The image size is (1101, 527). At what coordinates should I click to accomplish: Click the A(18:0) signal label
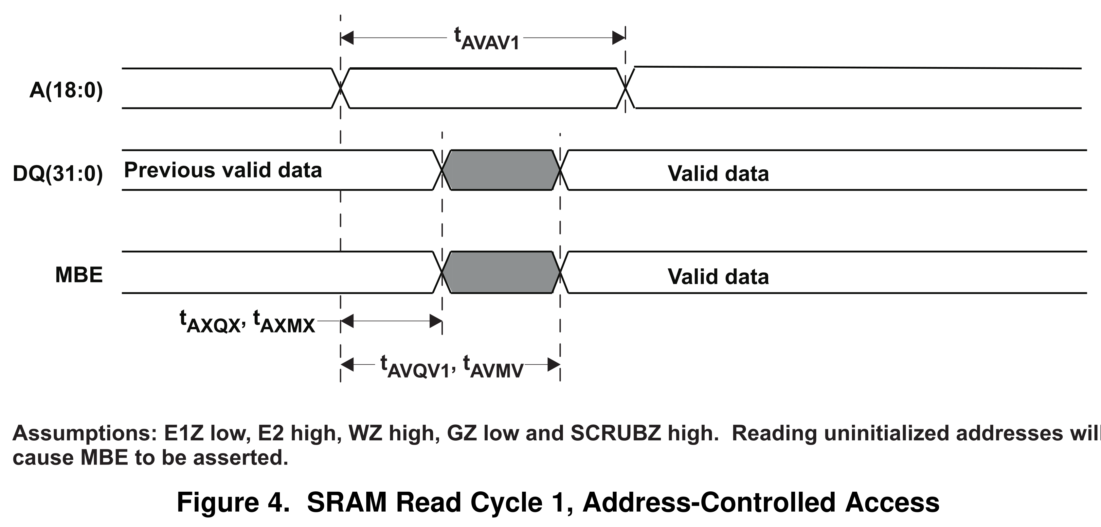(x=66, y=91)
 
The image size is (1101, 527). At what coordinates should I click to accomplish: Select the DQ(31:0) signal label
(x=58, y=174)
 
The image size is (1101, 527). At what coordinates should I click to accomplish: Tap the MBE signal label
(x=79, y=275)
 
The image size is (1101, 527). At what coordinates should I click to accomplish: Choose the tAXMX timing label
(x=284, y=322)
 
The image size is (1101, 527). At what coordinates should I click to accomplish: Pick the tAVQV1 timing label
(x=415, y=367)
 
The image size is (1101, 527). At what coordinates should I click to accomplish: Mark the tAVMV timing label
(x=493, y=367)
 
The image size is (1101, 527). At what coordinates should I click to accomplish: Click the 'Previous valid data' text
(x=223, y=170)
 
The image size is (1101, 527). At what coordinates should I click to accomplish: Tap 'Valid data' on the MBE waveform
(x=718, y=277)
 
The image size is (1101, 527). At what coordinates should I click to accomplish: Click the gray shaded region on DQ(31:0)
(x=501, y=170)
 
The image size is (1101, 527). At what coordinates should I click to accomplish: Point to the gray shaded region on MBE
(x=501, y=272)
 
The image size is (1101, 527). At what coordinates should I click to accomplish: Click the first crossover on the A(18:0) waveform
(x=341, y=88)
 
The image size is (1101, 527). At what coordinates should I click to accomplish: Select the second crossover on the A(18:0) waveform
(x=625, y=88)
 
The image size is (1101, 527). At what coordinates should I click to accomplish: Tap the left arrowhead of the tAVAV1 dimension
(x=347, y=38)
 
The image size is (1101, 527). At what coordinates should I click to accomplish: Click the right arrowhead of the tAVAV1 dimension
(x=619, y=38)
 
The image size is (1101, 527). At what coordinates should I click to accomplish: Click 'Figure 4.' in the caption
(x=233, y=502)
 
